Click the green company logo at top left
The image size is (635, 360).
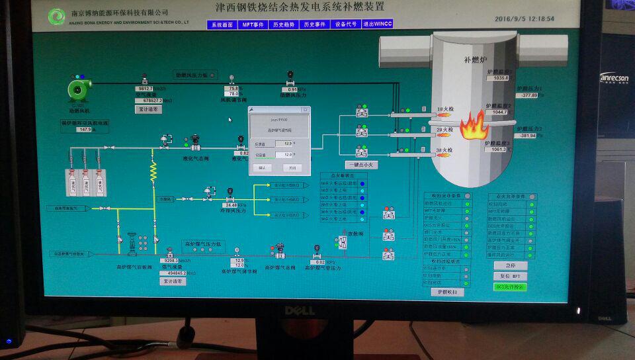point(58,16)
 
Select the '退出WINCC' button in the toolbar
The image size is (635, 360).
point(377,24)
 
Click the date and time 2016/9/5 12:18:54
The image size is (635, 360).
point(524,19)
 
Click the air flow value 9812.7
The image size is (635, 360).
point(144,89)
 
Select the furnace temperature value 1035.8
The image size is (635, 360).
point(500,78)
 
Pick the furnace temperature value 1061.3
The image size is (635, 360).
point(499,150)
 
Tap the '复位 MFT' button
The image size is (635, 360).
point(510,276)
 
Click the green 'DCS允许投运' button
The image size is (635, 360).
point(510,287)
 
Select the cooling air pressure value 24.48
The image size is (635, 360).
point(231,205)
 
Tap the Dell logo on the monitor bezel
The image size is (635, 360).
point(300,310)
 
